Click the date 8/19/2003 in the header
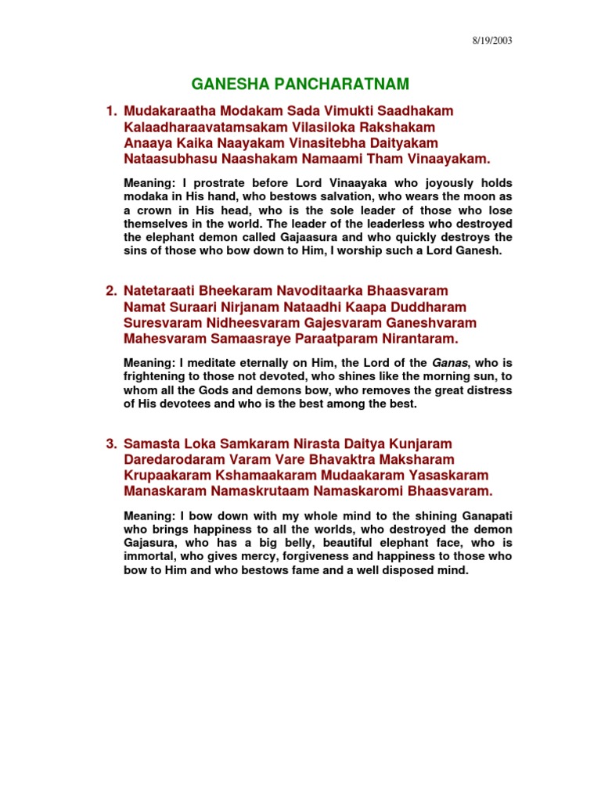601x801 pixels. click(493, 41)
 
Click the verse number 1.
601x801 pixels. click(111, 111)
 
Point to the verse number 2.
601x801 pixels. click(111, 292)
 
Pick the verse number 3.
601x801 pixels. click(111, 444)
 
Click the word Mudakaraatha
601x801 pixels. click(171, 111)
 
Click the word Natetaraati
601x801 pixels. click(165, 292)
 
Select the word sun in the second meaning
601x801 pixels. click(477, 376)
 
